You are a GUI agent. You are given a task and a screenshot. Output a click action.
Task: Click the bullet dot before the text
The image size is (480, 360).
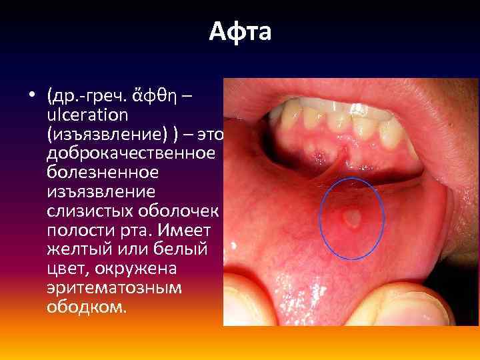pyautogui.click(x=31, y=97)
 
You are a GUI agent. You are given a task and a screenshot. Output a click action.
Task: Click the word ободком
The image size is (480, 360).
pyautogui.click(x=86, y=309)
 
